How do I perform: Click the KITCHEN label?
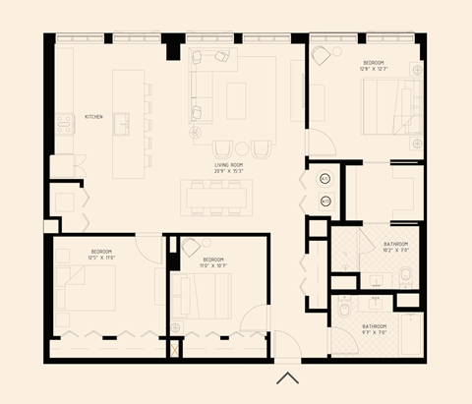click(93, 116)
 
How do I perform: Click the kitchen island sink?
click(121, 122)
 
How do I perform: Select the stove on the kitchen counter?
click(65, 123)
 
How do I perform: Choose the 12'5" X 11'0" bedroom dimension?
click(100, 258)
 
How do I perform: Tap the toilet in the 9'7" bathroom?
click(345, 311)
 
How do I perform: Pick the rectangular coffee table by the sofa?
click(236, 99)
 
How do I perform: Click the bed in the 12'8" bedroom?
click(390, 105)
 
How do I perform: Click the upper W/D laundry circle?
click(326, 179)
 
